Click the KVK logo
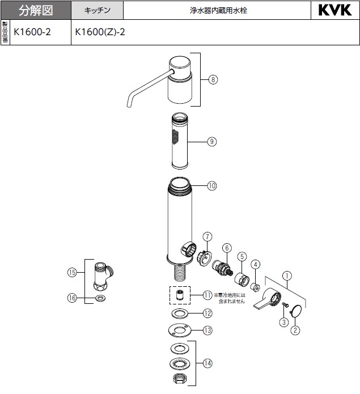tap(336, 10)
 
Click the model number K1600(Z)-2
tap(100, 32)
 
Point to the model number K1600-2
tap(32, 32)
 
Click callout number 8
tap(213, 80)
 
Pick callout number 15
tap(71, 272)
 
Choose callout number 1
tap(288, 277)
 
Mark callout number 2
tap(295, 330)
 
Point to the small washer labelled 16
tap(101, 297)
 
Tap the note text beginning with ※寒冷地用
tap(230, 298)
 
